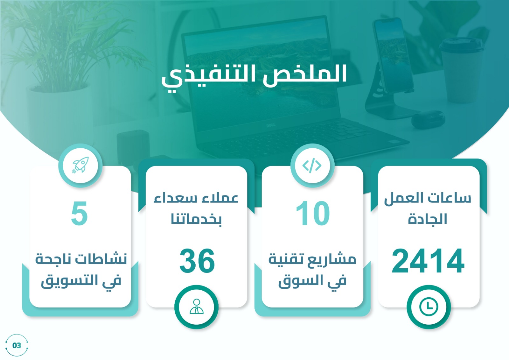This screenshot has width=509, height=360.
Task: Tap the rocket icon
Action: (x=80, y=165)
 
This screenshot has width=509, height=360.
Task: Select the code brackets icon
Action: (x=312, y=166)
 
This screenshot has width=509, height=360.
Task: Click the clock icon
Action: (x=428, y=307)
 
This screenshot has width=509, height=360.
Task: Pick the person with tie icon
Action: (x=197, y=307)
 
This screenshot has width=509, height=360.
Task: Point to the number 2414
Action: (x=428, y=261)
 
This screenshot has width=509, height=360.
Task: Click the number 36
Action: (x=197, y=261)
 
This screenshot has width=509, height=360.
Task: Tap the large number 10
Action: (x=313, y=213)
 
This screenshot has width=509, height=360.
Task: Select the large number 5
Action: (x=79, y=213)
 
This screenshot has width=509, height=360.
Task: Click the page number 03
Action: (x=17, y=345)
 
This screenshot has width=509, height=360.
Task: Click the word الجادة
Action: (x=428, y=219)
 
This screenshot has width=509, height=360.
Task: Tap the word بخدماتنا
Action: (x=196, y=219)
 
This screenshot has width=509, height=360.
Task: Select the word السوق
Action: (x=300, y=281)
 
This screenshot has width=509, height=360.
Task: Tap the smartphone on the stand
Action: (x=393, y=56)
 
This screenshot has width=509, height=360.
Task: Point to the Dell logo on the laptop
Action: (x=271, y=125)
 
